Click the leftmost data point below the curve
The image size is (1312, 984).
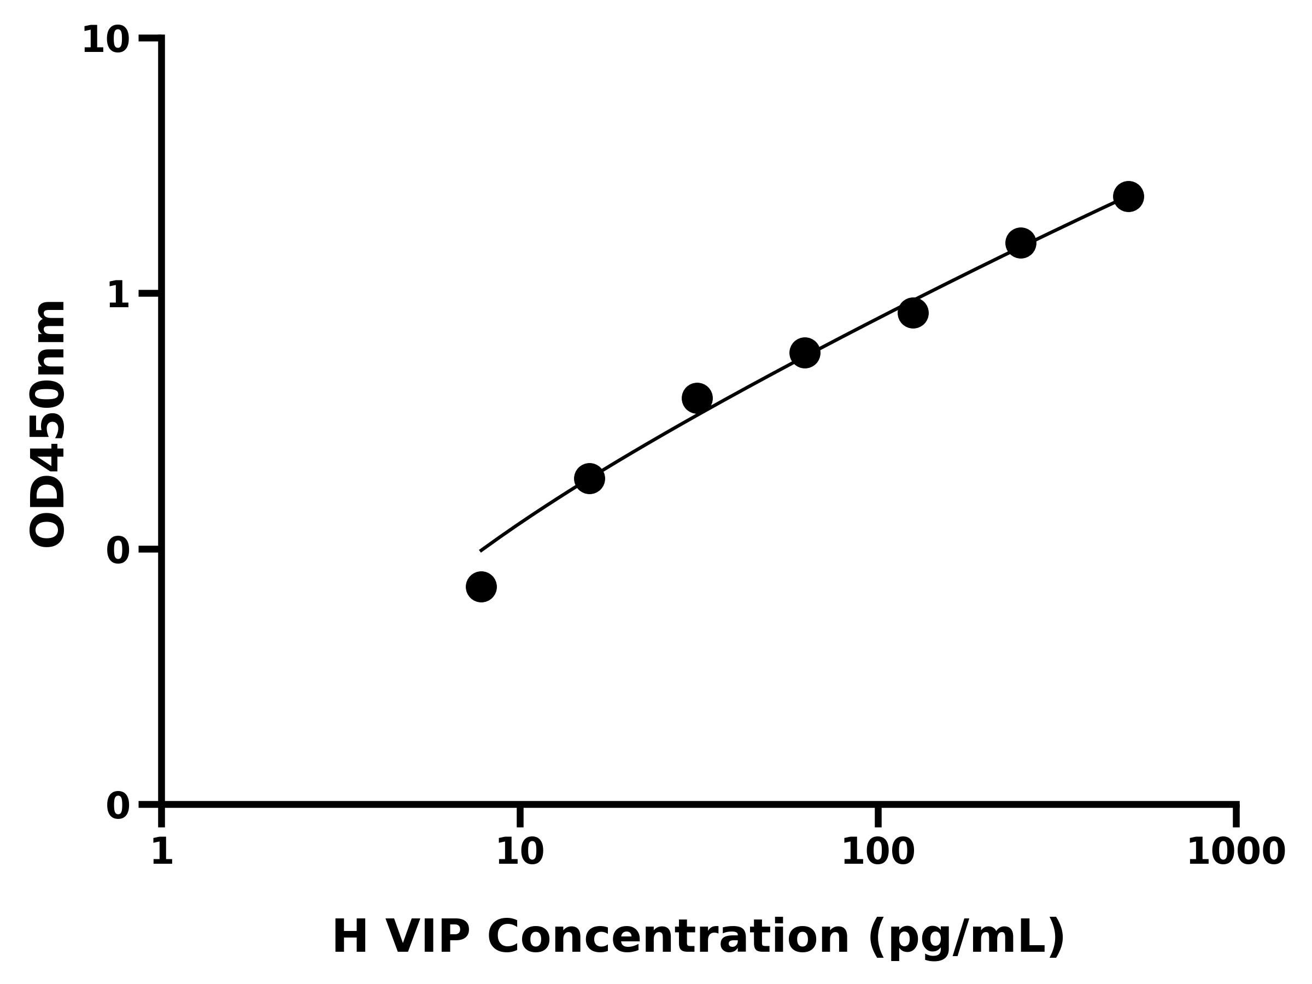coord(481,587)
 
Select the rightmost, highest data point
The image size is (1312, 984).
coord(1128,196)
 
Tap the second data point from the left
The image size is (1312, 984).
coord(589,478)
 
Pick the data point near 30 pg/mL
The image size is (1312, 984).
coord(697,398)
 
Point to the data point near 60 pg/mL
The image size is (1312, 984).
coord(805,353)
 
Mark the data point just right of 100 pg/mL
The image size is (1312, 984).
coord(913,313)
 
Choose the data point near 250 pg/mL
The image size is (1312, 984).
coord(1021,243)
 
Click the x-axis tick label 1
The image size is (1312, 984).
coord(162,853)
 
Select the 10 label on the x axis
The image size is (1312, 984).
coord(520,853)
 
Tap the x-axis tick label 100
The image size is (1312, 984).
coord(878,853)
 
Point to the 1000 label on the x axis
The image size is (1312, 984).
coord(1236,853)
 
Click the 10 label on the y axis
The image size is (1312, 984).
coord(106,41)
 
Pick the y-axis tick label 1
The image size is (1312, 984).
coord(119,295)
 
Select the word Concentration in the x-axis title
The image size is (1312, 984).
coord(669,938)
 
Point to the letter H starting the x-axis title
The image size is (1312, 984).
coord(350,938)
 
